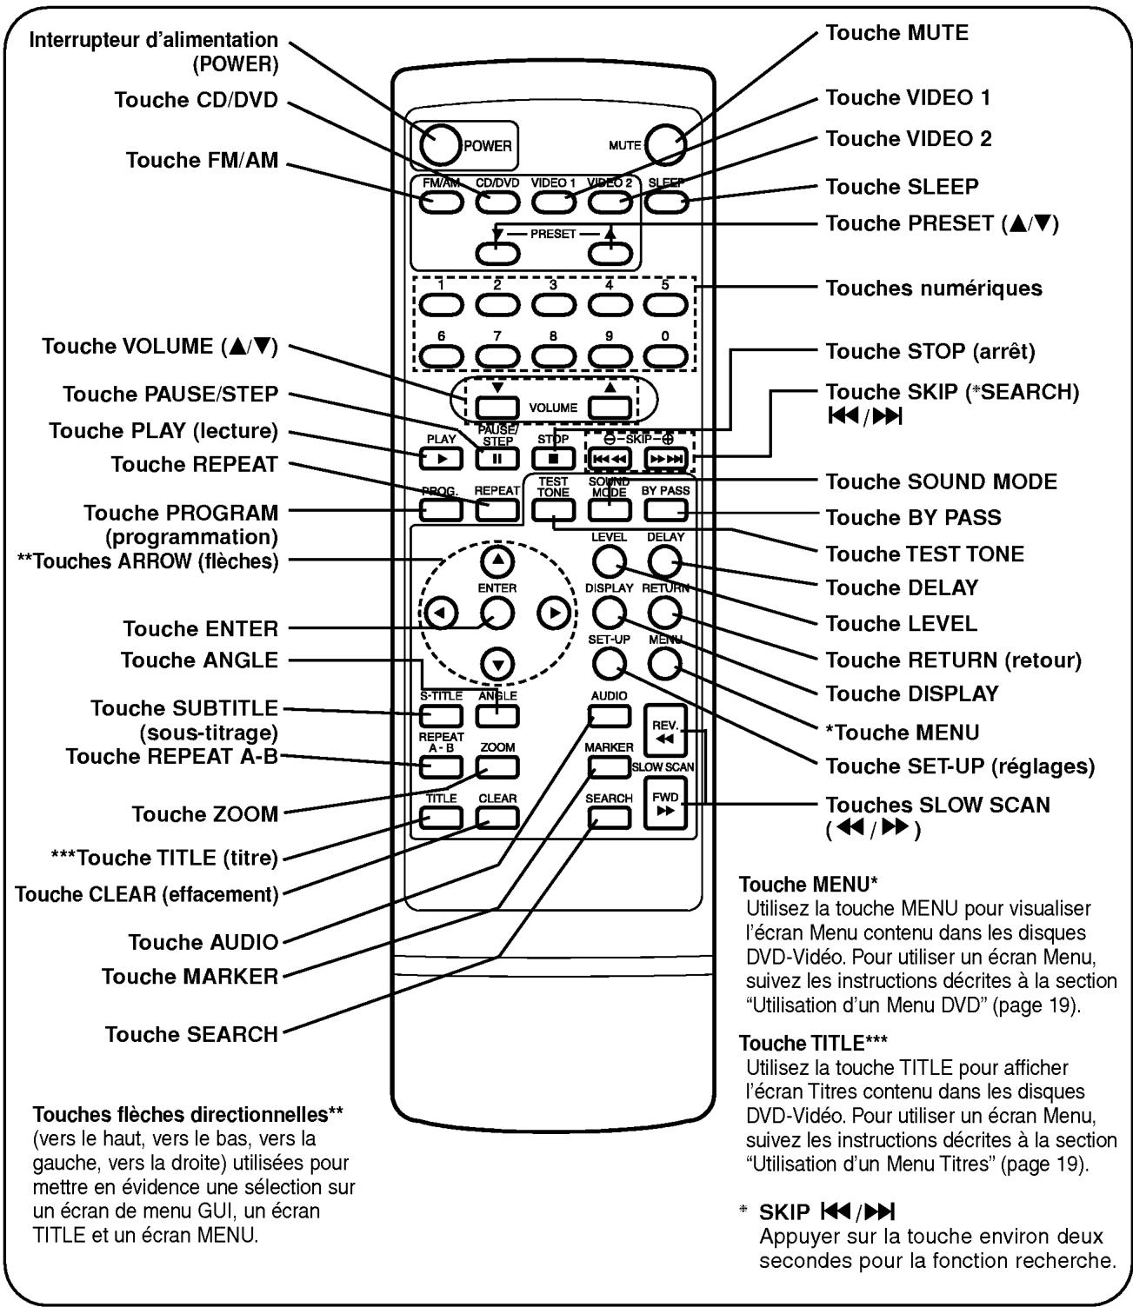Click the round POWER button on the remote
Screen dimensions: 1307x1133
coord(440,144)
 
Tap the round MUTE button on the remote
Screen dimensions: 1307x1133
coord(665,144)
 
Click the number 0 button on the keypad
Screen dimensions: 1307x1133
coord(665,355)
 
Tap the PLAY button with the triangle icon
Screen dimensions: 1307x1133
coord(441,458)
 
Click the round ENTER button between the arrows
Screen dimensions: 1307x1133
coord(497,613)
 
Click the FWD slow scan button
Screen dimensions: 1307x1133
coord(665,804)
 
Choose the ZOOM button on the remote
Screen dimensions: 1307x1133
coord(497,766)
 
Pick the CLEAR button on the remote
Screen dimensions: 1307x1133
coord(497,818)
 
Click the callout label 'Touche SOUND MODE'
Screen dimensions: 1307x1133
coord(941,481)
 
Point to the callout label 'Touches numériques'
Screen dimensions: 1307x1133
coord(933,289)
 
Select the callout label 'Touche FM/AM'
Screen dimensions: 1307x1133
coord(202,160)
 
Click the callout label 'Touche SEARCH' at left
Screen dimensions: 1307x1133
coord(191,1034)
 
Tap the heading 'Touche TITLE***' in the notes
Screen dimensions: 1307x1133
coord(812,1043)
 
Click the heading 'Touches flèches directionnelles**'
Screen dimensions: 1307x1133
coord(183,1114)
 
